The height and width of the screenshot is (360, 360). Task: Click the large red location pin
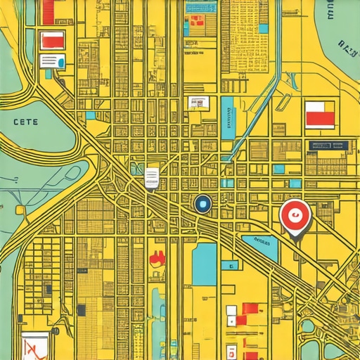[x=295, y=215]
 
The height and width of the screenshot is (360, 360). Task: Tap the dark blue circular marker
[x=202, y=204]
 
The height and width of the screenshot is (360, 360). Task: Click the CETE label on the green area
[x=26, y=122]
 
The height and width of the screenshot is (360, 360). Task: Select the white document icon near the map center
[x=152, y=178]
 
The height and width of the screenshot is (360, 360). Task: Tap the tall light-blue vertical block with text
[x=227, y=117]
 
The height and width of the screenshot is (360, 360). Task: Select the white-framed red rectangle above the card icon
[x=52, y=39]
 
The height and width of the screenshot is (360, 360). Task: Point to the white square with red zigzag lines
[x=34, y=346]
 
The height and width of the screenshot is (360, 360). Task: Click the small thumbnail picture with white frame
[x=198, y=103]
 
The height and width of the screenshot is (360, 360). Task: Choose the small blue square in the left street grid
[x=91, y=115]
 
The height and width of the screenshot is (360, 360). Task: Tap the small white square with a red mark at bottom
[x=231, y=310]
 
